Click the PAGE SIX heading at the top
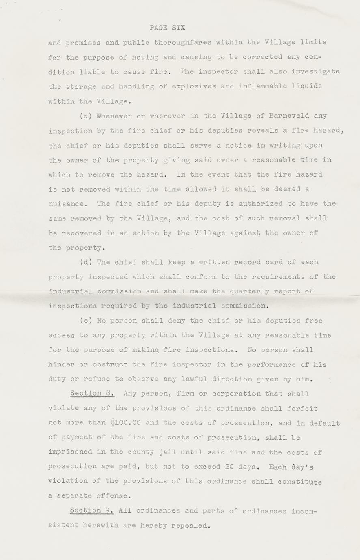click(x=167, y=28)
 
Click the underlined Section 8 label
click(x=92, y=394)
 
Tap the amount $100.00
click(x=125, y=423)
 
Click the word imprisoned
click(x=71, y=452)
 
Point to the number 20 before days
click(x=229, y=467)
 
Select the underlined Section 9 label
click(x=91, y=511)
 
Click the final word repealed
click(x=191, y=526)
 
